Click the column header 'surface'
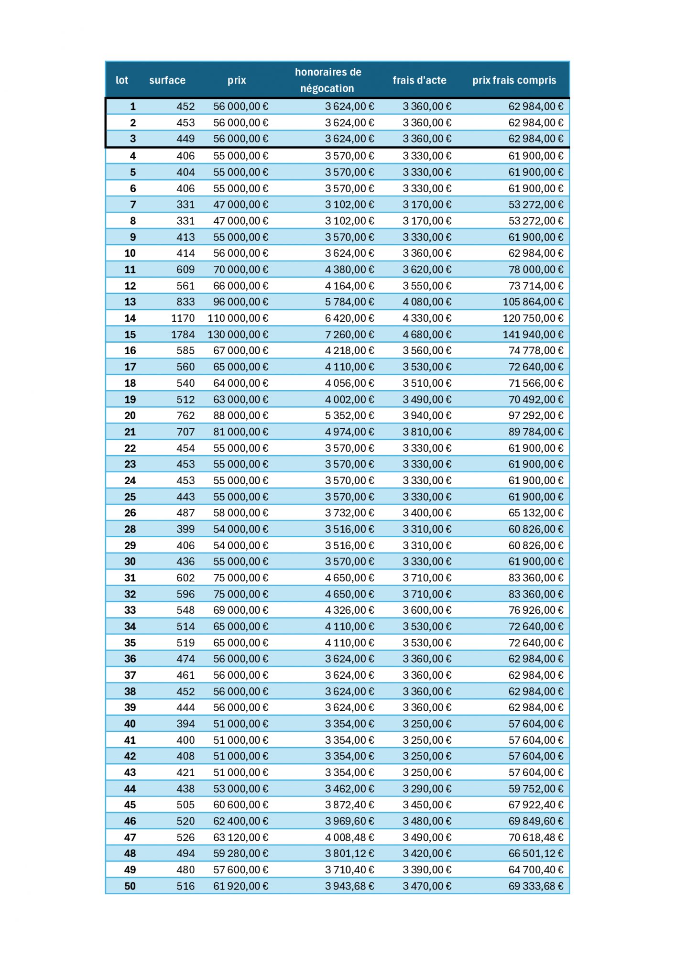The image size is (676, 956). tap(167, 80)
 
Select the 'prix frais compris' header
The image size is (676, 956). tap(514, 80)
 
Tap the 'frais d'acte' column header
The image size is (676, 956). tap(419, 80)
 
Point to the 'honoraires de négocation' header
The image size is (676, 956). tap(327, 80)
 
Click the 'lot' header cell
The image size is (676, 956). tap(122, 80)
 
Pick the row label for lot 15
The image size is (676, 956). tap(130, 335)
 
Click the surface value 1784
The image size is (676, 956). tap(183, 335)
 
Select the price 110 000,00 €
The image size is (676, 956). tap(238, 318)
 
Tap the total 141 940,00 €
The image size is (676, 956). tap(533, 335)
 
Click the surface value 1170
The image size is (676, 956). tap(183, 318)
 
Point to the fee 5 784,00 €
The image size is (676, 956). tap(349, 302)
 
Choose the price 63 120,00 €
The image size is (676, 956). tap(240, 837)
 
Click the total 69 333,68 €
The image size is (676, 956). tap(535, 886)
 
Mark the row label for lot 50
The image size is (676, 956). tap(130, 886)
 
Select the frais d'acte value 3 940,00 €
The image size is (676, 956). tap(426, 416)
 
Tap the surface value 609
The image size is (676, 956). tap(185, 270)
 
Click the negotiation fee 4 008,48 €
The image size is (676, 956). tap(349, 837)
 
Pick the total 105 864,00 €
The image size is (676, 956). tap(533, 302)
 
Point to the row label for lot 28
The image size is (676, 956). tap(130, 529)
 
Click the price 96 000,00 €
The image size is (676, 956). tap(240, 302)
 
